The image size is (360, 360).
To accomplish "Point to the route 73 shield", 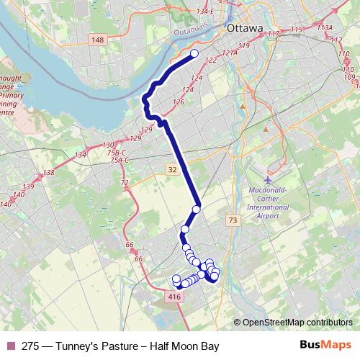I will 231,220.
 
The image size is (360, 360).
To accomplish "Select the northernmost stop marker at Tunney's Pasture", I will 194,53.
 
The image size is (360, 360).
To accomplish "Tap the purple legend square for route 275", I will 10,346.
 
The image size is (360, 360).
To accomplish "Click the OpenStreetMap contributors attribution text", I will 297,322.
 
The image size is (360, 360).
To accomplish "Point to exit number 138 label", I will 48,173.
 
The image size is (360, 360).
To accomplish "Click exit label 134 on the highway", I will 80,155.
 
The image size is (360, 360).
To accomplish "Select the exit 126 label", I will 179,102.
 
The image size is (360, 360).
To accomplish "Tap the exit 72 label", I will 124,184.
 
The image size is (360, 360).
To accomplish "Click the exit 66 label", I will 130,246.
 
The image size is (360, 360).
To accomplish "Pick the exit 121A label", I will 230,53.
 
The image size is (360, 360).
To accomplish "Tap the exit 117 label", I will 273,34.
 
